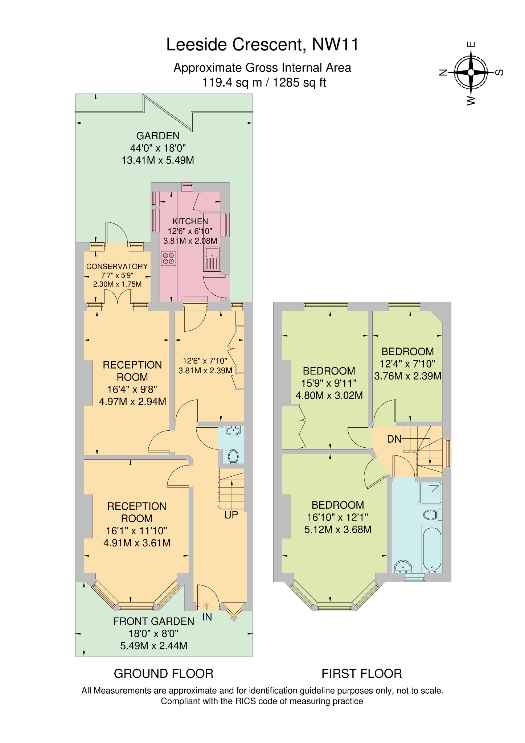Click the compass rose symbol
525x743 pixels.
(471, 72)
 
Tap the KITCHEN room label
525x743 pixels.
(190, 221)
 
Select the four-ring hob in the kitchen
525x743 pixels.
(168, 258)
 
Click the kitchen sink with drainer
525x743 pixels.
(212, 259)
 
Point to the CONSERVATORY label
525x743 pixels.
(117, 266)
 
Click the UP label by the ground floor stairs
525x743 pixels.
(231, 515)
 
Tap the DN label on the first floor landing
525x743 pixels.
(394, 439)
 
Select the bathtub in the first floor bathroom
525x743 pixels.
(432, 549)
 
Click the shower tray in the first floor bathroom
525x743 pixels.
(431, 493)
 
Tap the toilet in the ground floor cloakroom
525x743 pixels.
(233, 456)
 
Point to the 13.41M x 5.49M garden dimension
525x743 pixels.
(157, 160)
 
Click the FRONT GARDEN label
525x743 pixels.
(153, 621)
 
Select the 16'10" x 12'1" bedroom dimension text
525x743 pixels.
(337, 517)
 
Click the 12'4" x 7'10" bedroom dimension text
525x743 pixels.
(407, 364)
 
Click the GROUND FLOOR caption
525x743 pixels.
(163, 674)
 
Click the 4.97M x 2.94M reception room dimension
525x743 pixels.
(132, 402)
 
